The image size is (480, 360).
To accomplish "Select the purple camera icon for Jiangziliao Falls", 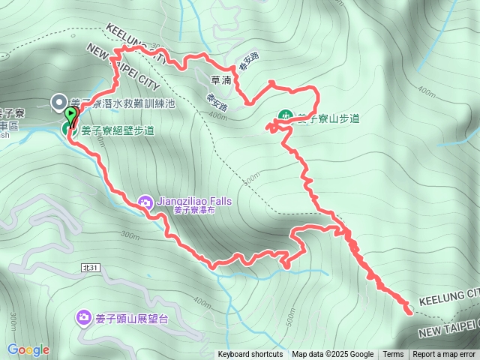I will pos(145,201).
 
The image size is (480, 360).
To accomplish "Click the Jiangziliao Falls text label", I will pos(194,202).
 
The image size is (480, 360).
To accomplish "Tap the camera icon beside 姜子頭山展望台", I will pos(83,318).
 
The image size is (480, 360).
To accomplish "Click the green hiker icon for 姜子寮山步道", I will pos(285,118).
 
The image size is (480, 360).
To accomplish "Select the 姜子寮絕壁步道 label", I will pos(118,130).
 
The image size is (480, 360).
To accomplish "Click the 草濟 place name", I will pos(220,79).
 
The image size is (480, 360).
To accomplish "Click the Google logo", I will pos(28,349).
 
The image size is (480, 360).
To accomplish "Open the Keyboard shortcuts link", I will pos(250,355).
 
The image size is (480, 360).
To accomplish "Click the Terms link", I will pos(393,355).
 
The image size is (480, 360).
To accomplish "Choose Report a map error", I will pos(444,355).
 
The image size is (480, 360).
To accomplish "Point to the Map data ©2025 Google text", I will pos(332,355).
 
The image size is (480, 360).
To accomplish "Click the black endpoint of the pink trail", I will pos(409,309).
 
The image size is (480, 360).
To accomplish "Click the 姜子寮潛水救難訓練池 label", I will pos(123,103).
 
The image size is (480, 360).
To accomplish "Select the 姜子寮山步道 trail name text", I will pos(328,118).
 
